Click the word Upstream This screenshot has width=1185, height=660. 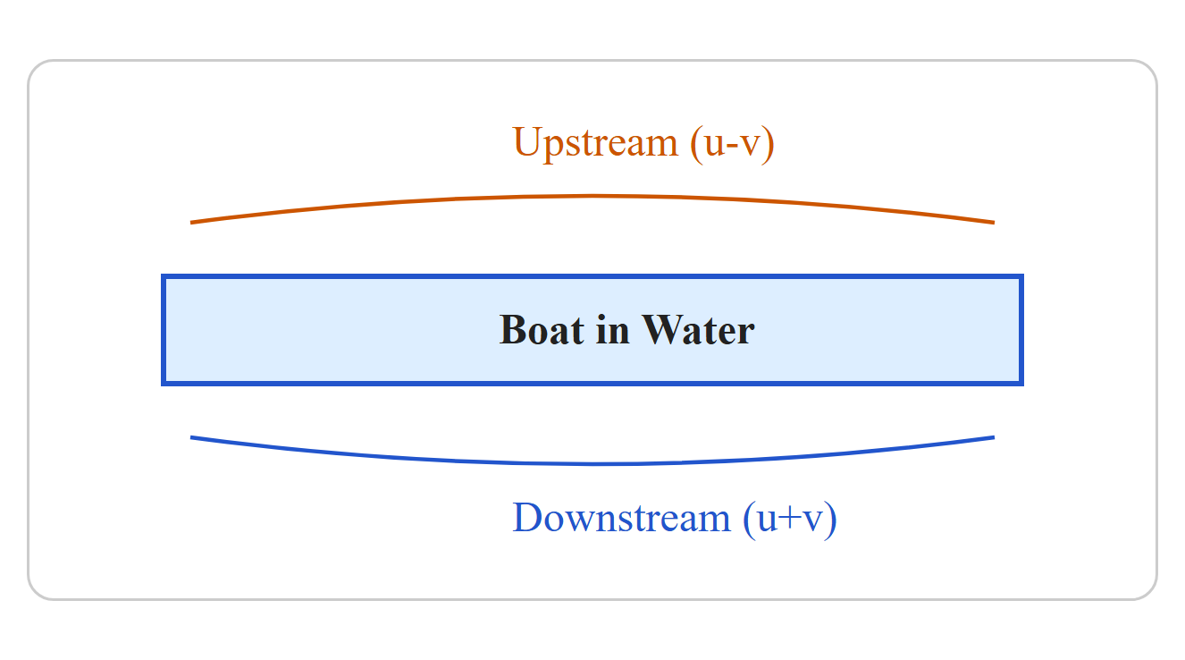pyautogui.click(x=595, y=144)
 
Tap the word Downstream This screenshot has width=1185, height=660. pyautogui.click(x=622, y=517)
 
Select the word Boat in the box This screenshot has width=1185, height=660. pyautogui.click(x=542, y=330)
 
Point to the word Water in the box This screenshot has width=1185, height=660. pyautogui.click(x=698, y=330)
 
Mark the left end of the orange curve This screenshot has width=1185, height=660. pyautogui.click(x=191, y=223)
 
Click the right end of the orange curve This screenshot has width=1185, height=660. pyautogui.click(x=994, y=223)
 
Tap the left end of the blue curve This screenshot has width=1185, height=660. pyautogui.click(x=191, y=437)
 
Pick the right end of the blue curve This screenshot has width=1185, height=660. pyautogui.click(x=994, y=437)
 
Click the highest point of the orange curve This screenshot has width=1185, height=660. pyautogui.click(x=592, y=197)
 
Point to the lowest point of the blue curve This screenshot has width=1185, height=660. pyautogui.click(x=592, y=464)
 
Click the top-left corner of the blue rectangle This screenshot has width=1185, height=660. pyautogui.click(x=162, y=275)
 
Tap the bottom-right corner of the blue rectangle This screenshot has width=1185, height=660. pyautogui.click(x=1023, y=385)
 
